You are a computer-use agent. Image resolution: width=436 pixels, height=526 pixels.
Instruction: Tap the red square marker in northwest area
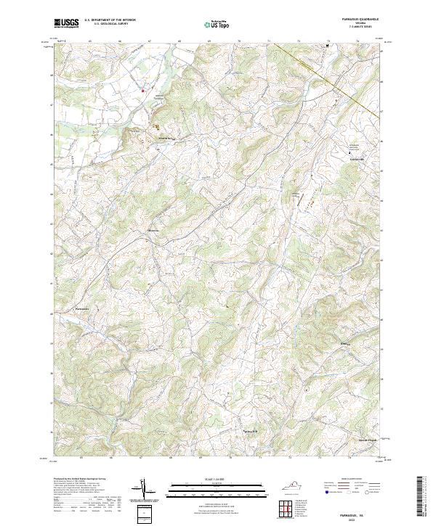pos(143,91)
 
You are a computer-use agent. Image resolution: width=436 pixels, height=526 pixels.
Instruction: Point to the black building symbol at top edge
pos(328,45)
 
